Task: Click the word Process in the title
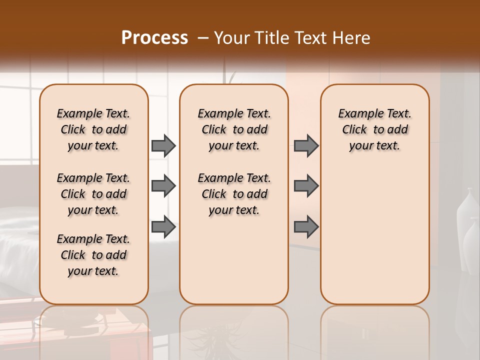pyautogui.click(x=154, y=38)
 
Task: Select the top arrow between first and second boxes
pyautogui.click(x=163, y=146)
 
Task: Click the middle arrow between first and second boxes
pyautogui.click(x=163, y=186)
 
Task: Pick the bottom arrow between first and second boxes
pyautogui.click(x=163, y=227)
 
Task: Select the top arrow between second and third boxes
pyautogui.click(x=306, y=146)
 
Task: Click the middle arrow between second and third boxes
pyautogui.click(x=306, y=186)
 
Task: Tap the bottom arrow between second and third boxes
pyautogui.click(x=306, y=227)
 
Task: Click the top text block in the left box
pyautogui.click(x=93, y=129)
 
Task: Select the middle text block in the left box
pyautogui.click(x=93, y=194)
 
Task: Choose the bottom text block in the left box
pyautogui.click(x=93, y=255)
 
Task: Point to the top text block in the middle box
pyautogui.click(x=234, y=129)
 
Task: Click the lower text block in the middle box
pyautogui.click(x=234, y=194)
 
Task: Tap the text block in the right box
pyautogui.click(x=375, y=129)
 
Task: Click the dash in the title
pyautogui.click(x=203, y=38)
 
